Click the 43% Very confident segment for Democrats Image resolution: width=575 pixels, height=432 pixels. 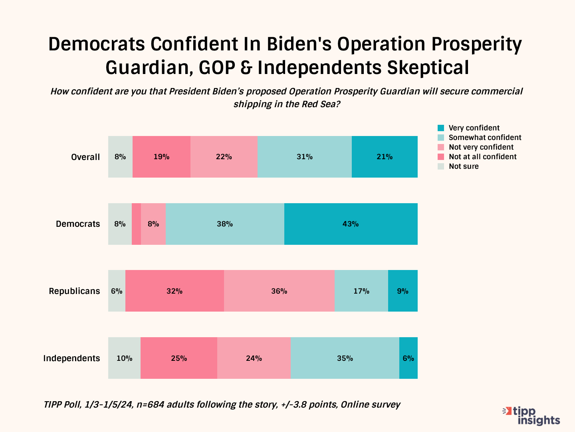click(351, 224)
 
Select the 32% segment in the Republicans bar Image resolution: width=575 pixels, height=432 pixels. click(174, 291)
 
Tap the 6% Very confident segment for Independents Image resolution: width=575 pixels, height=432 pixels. click(408, 358)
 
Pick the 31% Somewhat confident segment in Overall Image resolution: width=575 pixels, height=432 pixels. click(304, 157)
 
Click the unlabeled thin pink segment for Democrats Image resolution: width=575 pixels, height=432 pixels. click(136, 224)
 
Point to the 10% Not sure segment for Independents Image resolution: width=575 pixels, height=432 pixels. click(124, 358)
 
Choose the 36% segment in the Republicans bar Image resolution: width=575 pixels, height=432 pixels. click(279, 291)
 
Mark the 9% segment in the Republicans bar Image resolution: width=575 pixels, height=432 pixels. click(402, 291)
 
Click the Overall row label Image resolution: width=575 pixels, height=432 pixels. click(85, 157)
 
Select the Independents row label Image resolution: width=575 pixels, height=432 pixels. click(71, 358)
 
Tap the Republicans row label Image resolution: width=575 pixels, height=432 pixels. click(74, 291)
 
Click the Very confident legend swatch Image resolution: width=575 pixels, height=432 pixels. click(441, 128)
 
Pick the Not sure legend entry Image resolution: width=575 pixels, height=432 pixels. click(463, 166)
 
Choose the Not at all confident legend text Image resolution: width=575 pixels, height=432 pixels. click(482, 157)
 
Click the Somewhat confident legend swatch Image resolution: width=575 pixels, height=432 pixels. click(441, 138)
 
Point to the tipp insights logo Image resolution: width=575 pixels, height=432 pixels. click(532, 416)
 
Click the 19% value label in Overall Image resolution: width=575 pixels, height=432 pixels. click(161, 157)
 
